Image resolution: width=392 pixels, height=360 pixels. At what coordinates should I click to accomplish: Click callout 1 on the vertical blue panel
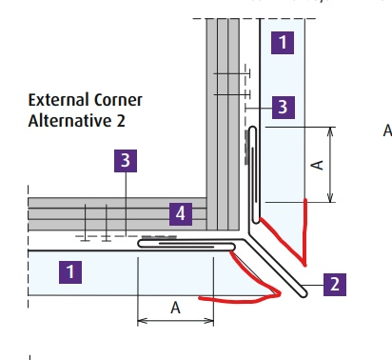(283, 42)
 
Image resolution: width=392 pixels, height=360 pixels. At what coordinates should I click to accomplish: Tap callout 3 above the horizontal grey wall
(126, 161)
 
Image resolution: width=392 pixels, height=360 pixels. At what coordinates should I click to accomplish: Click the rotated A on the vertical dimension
(318, 164)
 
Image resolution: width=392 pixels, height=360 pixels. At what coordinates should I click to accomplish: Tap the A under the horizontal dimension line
(175, 307)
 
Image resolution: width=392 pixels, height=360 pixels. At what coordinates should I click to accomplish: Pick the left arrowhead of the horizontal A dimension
(141, 320)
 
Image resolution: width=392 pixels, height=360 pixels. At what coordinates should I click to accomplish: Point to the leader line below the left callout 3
(126, 200)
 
